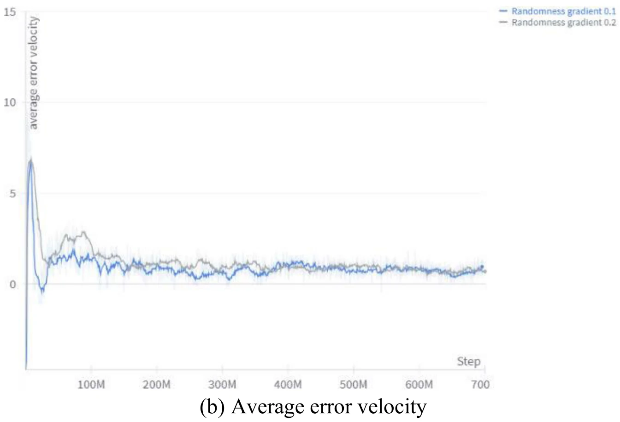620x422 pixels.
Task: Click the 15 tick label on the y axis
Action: click(10, 12)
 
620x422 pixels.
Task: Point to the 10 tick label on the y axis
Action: click(10, 102)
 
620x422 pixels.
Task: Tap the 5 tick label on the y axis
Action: click(12, 193)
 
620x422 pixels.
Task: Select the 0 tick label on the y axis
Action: click(12, 284)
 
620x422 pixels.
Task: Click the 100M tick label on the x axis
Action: click(91, 384)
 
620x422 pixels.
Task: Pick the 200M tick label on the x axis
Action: click(157, 384)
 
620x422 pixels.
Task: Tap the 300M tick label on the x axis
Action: click(222, 384)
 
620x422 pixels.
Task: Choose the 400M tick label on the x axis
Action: click(288, 384)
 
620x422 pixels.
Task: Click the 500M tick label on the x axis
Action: click(353, 384)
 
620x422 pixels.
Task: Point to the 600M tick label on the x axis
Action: click(419, 384)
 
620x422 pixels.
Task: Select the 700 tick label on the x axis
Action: click(480, 384)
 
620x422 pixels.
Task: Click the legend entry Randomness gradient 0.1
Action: click(563, 11)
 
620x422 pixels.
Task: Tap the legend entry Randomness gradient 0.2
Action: click(563, 22)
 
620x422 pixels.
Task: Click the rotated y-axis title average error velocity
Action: click(33, 73)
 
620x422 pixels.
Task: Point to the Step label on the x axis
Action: click(468, 362)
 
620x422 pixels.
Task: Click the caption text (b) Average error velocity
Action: click(313, 407)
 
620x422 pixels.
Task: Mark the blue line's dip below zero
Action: click(42, 290)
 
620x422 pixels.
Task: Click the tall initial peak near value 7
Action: click(31, 161)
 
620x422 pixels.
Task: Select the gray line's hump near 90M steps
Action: click(83, 233)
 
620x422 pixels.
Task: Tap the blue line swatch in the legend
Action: click(503, 11)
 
